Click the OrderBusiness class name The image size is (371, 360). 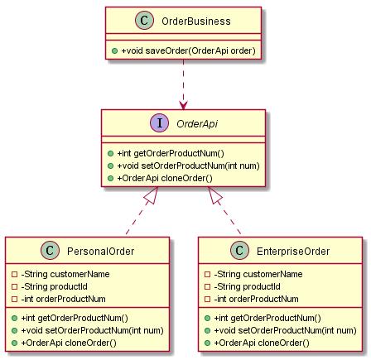(196, 22)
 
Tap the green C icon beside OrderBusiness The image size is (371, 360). (144, 20)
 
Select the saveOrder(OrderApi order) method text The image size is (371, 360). (189, 50)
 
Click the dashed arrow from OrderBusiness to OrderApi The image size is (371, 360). (183, 84)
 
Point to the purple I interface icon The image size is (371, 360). (160, 122)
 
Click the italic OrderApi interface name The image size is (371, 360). (197, 124)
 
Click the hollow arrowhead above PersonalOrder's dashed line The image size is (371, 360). (152, 195)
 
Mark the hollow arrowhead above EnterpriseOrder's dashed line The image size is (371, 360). (214, 195)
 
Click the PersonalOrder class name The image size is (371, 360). (101, 252)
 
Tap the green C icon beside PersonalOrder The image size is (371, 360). (50, 250)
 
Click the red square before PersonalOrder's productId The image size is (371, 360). (15, 286)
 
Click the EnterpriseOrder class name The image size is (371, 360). (293, 252)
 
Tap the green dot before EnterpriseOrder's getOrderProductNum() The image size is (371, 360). (208, 319)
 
